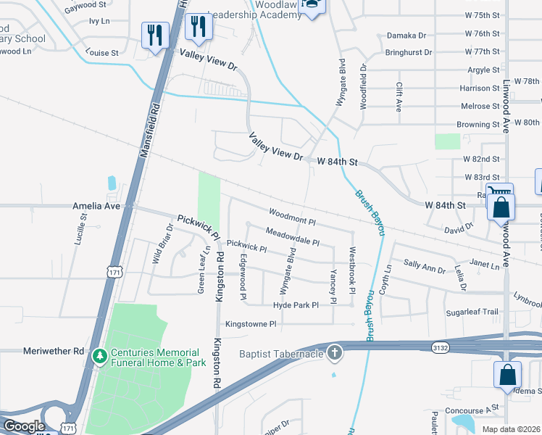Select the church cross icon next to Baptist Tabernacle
coord(334,352)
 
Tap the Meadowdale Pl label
coord(293,233)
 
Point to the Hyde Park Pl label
coord(296,305)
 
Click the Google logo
coord(24,426)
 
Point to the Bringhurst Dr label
coord(408,53)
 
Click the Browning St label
coord(478,125)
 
